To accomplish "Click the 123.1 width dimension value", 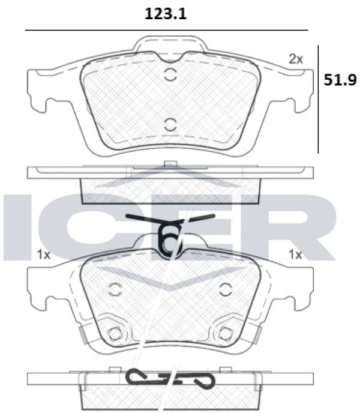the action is tap(166, 14).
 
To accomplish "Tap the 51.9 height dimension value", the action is tap(340, 80).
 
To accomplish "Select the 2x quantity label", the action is tap(296, 59).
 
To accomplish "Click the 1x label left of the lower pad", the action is tap(43, 255).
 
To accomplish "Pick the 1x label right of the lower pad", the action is tap(295, 255).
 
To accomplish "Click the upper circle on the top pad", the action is tap(170, 75).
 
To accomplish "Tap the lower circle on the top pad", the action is tap(170, 125).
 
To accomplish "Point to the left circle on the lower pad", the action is tap(115, 289).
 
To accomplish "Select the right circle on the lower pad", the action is tap(225, 289).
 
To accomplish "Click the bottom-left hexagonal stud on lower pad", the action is tap(115, 334).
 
